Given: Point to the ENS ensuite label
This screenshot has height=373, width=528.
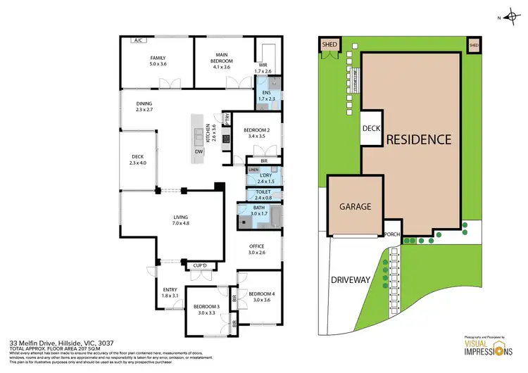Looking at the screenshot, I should tap(267, 96).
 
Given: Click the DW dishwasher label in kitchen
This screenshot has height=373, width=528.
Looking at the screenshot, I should tap(199, 151).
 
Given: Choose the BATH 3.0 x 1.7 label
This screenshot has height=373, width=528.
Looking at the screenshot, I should tap(260, 210).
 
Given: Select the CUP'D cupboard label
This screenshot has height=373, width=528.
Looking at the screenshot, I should tap(201, 265).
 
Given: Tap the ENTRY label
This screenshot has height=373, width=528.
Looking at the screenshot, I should tap(170, 292).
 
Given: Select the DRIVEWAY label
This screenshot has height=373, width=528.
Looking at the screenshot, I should tap(350, 279).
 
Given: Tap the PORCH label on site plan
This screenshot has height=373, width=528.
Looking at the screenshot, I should tap(392, 234).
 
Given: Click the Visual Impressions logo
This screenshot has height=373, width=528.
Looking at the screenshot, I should tap(482, 346).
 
